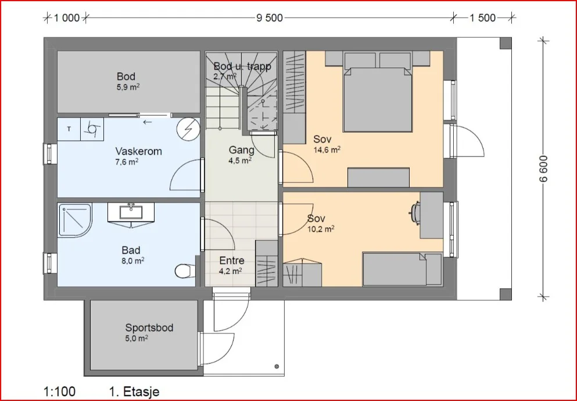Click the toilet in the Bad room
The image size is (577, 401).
(x=185, y=271)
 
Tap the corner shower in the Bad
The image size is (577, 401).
(x=75, y=221)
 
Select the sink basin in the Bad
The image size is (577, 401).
(x=131, y=212)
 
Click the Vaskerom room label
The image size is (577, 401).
(x=138, y=151)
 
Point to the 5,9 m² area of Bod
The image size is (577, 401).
(x=128, y=88)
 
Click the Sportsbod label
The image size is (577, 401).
(x=149, y=328)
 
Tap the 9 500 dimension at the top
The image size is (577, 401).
(x=270, y=18)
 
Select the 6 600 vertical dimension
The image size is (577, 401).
(x=544, y=168)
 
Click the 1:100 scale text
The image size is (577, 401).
(x=60, y=392)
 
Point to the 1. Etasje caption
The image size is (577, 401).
(x=134, y=392)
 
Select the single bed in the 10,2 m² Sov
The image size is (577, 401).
(x=402, y=269)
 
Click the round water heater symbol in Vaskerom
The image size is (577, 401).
(x=188, y=129)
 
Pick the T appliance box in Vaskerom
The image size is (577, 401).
(x=69, y=129)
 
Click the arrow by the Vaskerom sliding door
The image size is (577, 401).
(x=148, y=122)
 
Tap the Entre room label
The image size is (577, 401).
(x=232, y=261)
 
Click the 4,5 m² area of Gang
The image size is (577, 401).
(x=240, y=160)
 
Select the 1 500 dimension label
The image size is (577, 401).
(x=482, y=18)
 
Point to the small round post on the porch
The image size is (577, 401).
(x=277, y=366)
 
